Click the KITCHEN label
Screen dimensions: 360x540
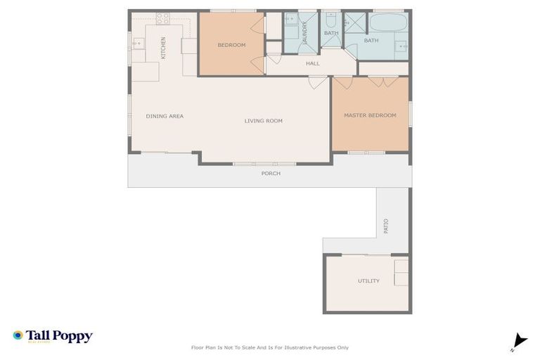tap(163, 47)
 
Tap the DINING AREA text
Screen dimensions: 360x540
tap(165, 116)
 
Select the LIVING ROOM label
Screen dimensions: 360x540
tap(264, 121)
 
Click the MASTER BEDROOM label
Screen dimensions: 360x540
tap(370, 115)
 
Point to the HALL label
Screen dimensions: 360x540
tap(313, 64)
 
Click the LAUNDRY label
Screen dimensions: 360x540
tap(304, 33)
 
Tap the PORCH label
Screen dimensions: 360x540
tap(271, 173)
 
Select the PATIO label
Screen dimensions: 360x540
tap(386, 226)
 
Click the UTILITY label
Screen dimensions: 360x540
tap(368, 281)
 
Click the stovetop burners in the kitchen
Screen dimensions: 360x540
tap(162, 18)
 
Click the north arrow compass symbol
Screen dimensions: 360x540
tap(519, 342)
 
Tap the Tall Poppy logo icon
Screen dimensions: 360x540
tap(18, 336)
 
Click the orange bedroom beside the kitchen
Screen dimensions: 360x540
tap(231, 44)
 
